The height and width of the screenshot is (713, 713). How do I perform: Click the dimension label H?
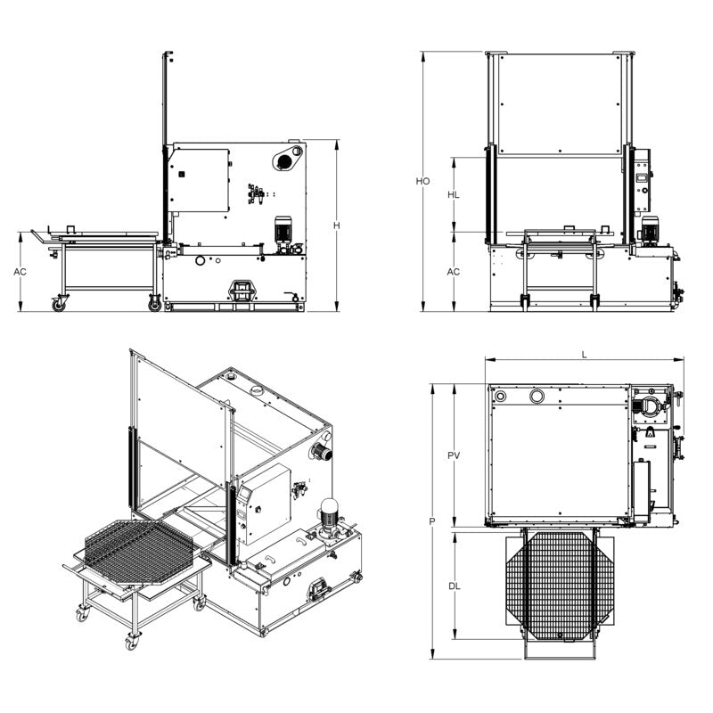tap(337, 225)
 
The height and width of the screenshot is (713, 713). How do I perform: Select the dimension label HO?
tap(422, 181)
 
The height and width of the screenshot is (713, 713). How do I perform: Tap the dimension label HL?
tap(453, 194)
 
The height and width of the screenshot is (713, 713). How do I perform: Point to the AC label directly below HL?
tap(453, 271)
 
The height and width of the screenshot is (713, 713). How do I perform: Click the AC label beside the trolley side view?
tap(19, 271)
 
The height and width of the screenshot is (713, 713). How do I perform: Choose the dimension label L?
tap(584, 354)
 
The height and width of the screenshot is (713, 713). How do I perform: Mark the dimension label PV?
tap(453, 455)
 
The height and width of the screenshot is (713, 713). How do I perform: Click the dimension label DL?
tap(453, 586)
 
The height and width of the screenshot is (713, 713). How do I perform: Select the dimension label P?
tap(430, 520)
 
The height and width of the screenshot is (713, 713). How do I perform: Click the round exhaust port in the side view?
tap(284, 161)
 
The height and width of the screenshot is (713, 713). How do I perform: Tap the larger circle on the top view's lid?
tap(537, 396)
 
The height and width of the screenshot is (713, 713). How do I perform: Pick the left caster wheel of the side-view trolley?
tap(60, 304)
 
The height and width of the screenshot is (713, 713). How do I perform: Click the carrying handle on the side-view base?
tap(241, 289)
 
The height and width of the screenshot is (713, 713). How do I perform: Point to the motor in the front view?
tap(648, 230)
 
